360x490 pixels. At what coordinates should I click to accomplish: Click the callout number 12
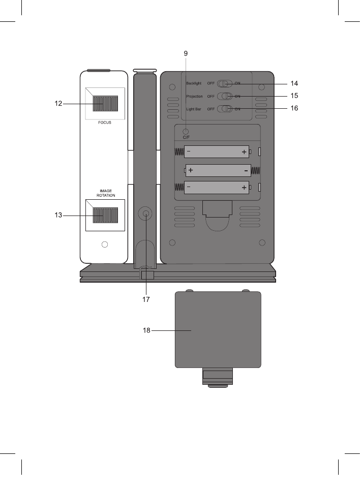59,104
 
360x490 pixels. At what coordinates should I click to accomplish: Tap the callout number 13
59,215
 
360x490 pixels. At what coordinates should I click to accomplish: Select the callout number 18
146,330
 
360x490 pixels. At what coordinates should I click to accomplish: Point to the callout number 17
146,300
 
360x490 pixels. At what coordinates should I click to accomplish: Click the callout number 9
186,52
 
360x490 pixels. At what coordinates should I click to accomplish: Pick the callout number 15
294,96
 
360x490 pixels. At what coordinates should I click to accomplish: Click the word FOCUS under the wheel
105,122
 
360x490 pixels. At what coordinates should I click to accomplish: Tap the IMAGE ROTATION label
105,194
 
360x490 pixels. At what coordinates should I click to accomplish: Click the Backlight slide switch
225,83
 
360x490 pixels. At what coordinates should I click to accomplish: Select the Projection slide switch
225,96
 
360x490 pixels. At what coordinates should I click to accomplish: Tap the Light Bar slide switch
225,109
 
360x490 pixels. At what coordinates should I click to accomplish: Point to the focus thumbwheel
105,103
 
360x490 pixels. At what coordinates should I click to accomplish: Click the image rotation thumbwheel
105,215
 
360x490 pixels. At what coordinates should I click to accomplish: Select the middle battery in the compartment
218,170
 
